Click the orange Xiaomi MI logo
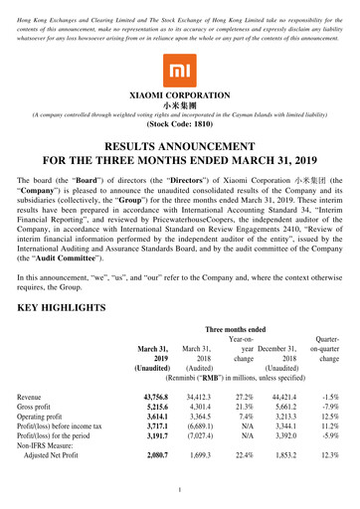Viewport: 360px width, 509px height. pyautogui.click(x=179, y=71)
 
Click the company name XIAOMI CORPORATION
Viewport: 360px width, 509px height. pyautogui.click(x=179, y=96)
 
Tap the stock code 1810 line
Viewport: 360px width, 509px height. pyautogui.click(x=179, y=126)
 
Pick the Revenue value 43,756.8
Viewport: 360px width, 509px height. pyautogui.click(x=150, y=396)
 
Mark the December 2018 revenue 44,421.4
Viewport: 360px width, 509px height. pyautogui.click(x=293, y=396)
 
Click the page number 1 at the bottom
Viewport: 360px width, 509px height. pyautogui.click(x=180, y=491)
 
